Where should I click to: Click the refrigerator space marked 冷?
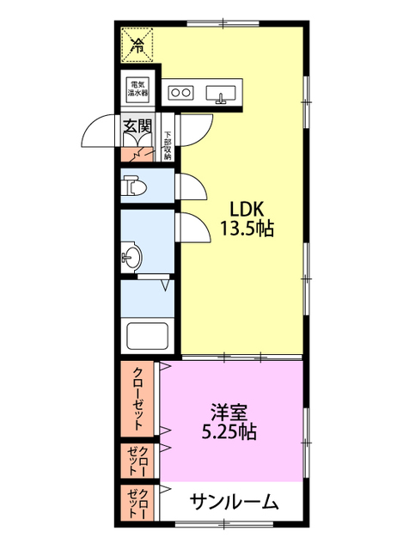coord(137,45)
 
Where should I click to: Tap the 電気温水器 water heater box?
coord(137,89)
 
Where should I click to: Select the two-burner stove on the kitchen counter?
coord(180,93)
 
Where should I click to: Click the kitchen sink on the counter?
coord(221,95)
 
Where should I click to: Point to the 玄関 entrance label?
coord(137,125)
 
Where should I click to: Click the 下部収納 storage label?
coord(168,145)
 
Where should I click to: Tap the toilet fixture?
coord(134,186)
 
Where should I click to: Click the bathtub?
coord(147,336)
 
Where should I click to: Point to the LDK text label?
coord(247,209)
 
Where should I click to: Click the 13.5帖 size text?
coord(247,229)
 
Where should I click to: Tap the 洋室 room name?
coord(229,412)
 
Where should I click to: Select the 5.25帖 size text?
coord(229,431)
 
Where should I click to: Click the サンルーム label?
coord(235,502)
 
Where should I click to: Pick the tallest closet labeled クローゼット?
coord(137,399)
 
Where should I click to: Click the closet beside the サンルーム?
coord(137,502)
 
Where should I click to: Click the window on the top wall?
coord(223,24)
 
